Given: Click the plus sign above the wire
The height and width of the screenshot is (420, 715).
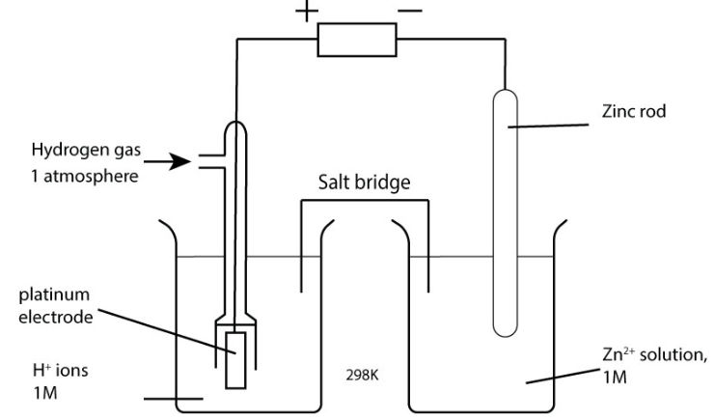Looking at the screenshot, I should (x=306, y=12).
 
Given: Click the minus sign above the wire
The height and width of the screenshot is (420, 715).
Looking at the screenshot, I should (x=409, y=11).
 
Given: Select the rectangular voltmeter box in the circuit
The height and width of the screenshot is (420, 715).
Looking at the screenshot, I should (x=357, y=42).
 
